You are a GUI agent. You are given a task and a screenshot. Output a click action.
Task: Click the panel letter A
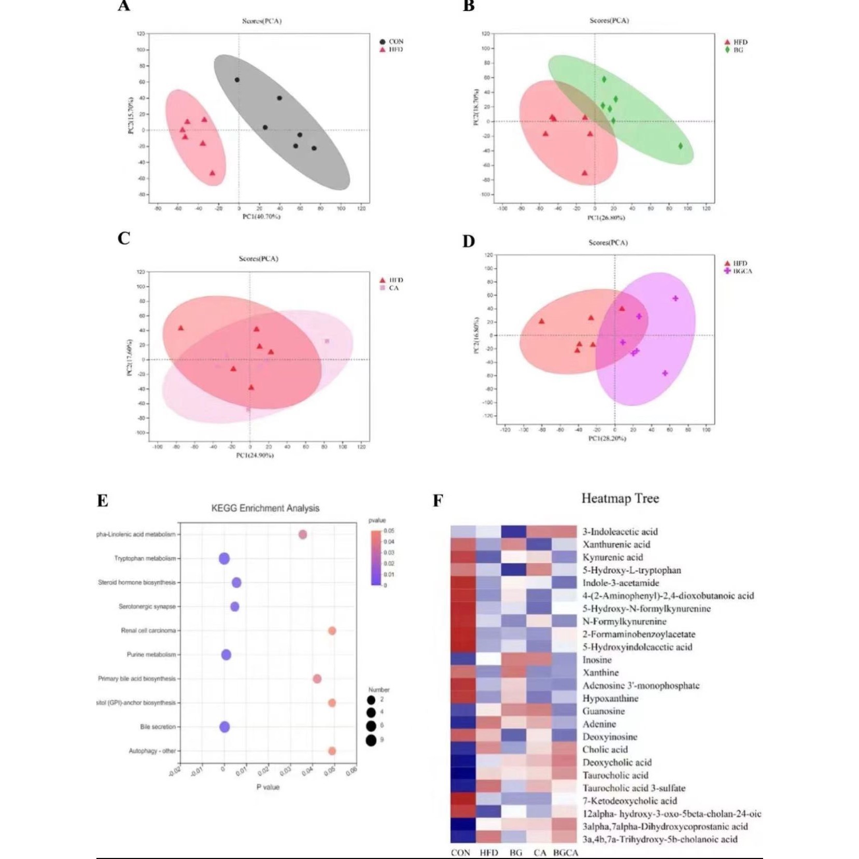coord(123,6)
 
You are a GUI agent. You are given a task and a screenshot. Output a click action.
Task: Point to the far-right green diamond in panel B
coord(681,146)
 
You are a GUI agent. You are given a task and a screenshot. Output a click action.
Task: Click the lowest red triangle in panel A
coord(212,173)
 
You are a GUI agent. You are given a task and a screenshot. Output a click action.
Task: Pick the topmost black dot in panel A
coord(237,80)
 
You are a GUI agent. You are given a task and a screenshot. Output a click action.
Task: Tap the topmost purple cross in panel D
coord(675,299)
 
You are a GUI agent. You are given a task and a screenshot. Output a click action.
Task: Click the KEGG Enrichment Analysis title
coord(265,509)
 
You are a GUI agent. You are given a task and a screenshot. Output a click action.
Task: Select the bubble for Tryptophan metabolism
coord(224,558)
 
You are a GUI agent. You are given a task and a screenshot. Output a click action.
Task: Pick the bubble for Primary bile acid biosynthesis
coord(317,679)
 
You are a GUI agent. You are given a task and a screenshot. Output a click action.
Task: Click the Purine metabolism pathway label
coord(151,655)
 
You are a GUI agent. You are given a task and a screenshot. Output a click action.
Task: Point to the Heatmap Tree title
coord(620,499)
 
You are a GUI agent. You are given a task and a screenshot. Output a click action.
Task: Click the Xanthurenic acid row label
coord(616,544)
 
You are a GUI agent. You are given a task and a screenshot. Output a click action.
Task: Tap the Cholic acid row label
coord(605,750)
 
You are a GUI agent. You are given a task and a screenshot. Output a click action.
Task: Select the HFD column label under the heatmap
coord(488,852)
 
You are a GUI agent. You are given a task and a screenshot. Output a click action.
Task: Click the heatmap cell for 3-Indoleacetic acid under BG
coord(514,532)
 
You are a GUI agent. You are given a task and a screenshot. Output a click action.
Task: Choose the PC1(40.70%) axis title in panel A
coord(262,216)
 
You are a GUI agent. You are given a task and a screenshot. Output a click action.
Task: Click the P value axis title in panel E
coord(268,787)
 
